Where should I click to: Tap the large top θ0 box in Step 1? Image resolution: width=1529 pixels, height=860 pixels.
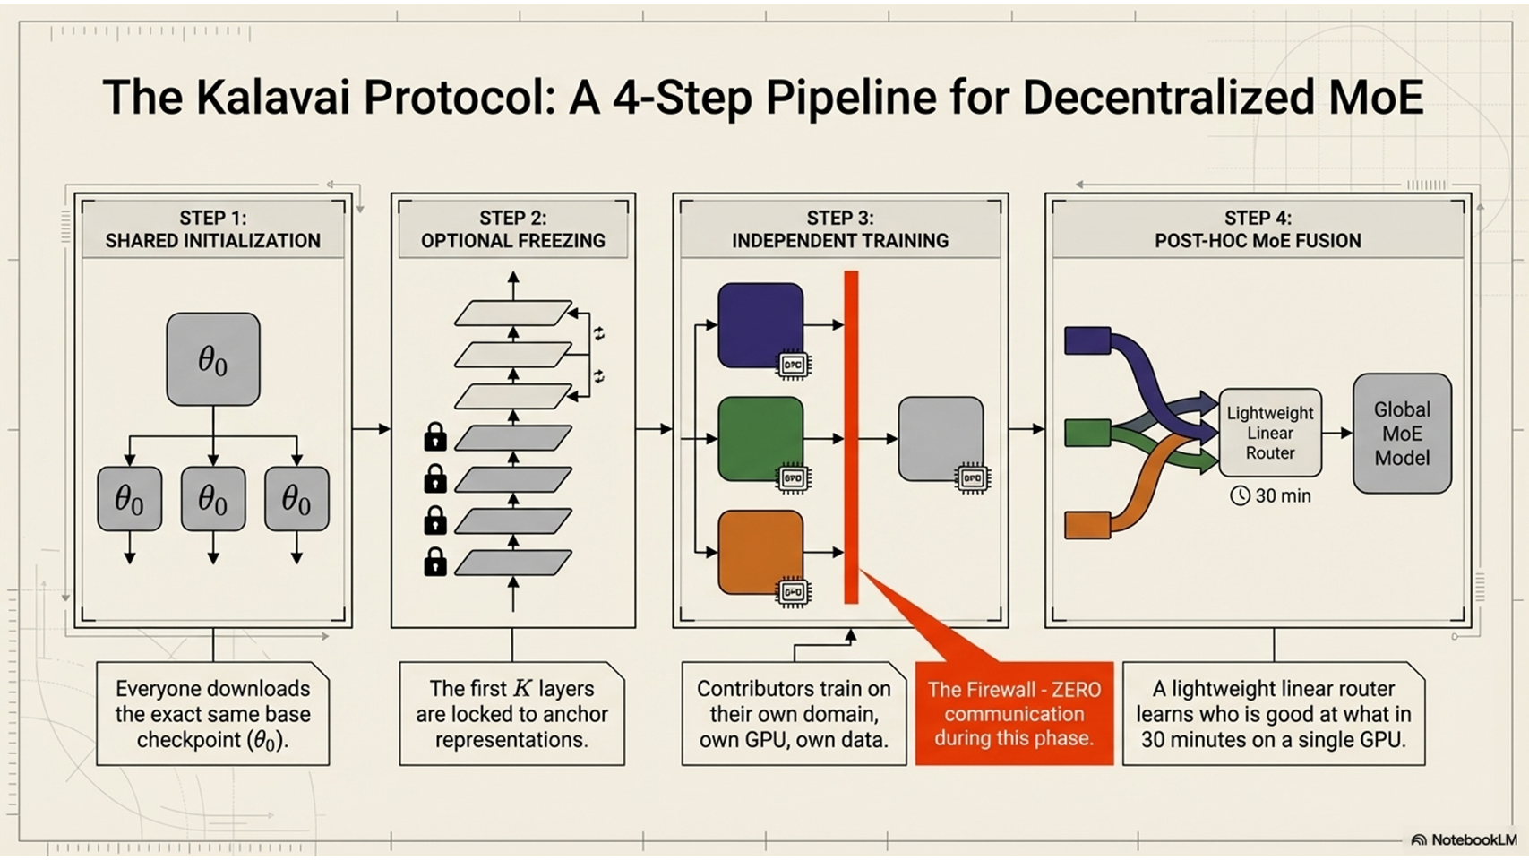click(213, 358)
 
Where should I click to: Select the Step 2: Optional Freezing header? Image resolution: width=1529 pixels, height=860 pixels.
click(513, 229)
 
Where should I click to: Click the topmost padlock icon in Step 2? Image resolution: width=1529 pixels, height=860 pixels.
click(435, 436)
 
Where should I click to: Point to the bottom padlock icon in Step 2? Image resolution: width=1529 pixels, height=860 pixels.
click(435, 562)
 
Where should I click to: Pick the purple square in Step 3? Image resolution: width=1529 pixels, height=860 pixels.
click(760, 324)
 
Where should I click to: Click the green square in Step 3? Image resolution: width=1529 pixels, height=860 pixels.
click(760, 438)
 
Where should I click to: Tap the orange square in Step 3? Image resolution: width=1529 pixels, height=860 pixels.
click(760, 552)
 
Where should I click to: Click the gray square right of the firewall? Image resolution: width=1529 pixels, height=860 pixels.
click(941, 438)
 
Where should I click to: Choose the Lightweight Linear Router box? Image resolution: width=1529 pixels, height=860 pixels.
click(1269, 433)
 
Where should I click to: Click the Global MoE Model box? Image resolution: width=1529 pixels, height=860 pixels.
click(1402, 434)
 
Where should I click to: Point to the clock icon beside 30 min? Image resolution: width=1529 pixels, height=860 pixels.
click(1240, 495)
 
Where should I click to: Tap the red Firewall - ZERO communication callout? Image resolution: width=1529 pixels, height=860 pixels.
click(1014, 713)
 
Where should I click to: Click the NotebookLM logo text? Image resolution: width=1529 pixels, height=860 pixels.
click(1473, 840)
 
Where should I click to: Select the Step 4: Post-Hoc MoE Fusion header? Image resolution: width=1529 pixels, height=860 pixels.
click(1258, 229)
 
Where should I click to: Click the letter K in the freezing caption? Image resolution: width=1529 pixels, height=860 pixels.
click(522, 688)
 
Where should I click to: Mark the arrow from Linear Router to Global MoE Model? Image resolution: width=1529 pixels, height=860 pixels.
click(1337, 433)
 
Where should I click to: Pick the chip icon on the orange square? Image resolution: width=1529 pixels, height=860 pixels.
click(793, 592)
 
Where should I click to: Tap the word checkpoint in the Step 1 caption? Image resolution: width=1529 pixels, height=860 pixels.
click(188, 740)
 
